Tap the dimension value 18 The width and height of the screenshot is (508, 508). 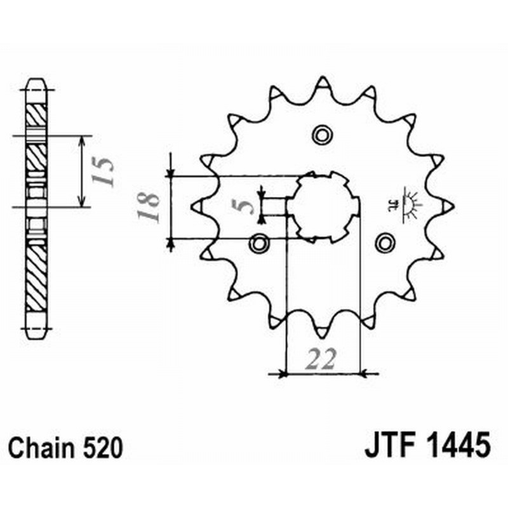point(148,208)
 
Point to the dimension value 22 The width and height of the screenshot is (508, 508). point(323,359)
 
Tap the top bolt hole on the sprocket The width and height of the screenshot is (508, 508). point(322,134)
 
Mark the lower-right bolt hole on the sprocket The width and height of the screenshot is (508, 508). point(384,242)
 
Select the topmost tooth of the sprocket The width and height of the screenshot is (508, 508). point(322,84)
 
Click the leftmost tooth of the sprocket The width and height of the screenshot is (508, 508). point(197,206)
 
